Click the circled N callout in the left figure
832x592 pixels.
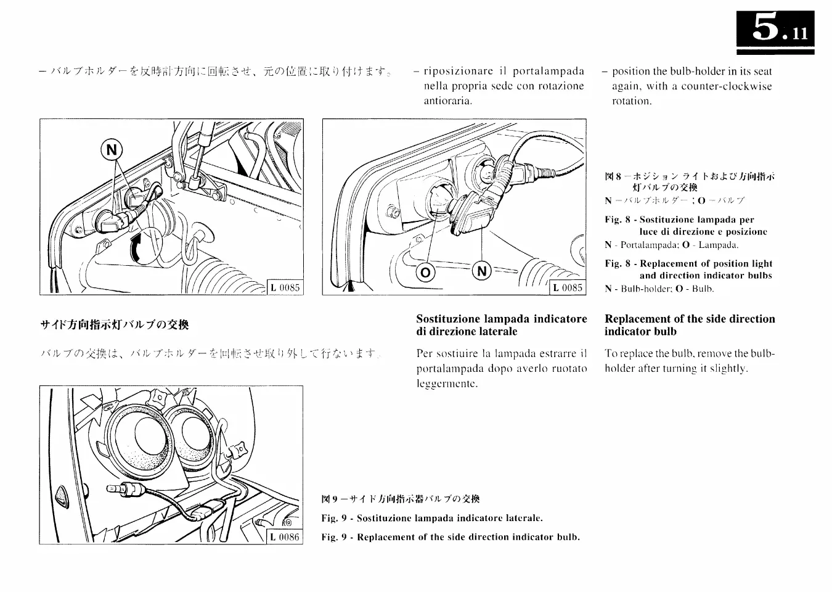pyautogui.click(x=112, y=150)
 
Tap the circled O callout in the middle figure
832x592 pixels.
pyautogui.click(x=426, y=272)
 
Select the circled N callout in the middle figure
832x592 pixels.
pyautogui.click(x=481, y=271)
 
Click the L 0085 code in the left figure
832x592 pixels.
pyautogui.click(x=285, y=287)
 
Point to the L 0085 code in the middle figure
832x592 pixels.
pyautogui.click(x=567, y=287)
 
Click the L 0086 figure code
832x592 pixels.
pyautogui.click(x=285, y=537)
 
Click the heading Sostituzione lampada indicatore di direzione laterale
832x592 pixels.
pyautogui.click(x=501, y=325)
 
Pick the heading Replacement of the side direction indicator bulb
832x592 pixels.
pyautogui.click(x=690, y=325)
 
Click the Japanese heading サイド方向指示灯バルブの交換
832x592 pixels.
pyautogui.click(x=114, y=325)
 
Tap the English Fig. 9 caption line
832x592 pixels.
pyautogui.click(x=451, y=537)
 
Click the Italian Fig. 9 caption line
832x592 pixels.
pyautogui.click(x=432, y=518)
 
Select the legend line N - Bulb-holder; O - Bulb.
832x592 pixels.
pyautogui.click(x=659, y=289)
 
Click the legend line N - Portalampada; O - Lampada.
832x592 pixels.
pyautogui.click(x=663, y=245)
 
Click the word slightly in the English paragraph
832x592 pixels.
pyautogui.click(x=727, y=369)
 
